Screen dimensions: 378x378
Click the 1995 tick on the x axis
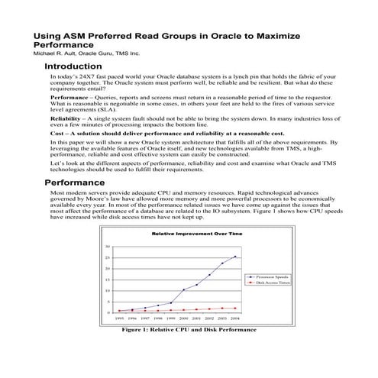pos(119,318)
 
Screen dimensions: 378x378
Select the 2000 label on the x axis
pos(184,318)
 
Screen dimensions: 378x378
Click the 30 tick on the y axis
pos(108,247)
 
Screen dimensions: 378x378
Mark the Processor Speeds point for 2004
pos(235,257)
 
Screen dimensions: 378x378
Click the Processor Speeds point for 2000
pos(184,289)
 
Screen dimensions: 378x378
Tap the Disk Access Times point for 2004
pos(235,308)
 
